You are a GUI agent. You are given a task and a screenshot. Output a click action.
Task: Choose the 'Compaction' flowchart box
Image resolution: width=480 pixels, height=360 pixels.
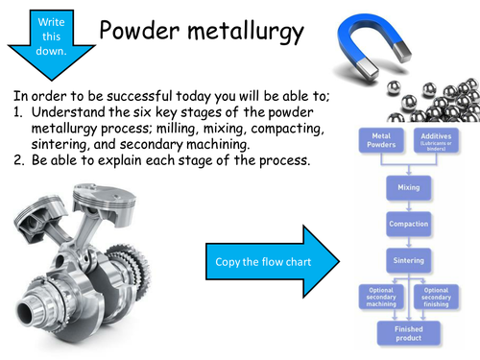click(408, 223)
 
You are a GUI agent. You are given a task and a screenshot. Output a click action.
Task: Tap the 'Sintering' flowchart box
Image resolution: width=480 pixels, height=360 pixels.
click(408, 259)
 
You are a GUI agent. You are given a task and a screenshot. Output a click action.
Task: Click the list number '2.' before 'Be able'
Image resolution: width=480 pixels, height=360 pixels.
click(20, 158)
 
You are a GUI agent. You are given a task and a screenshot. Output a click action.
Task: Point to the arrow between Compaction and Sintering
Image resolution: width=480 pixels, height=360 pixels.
click(408, 241)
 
